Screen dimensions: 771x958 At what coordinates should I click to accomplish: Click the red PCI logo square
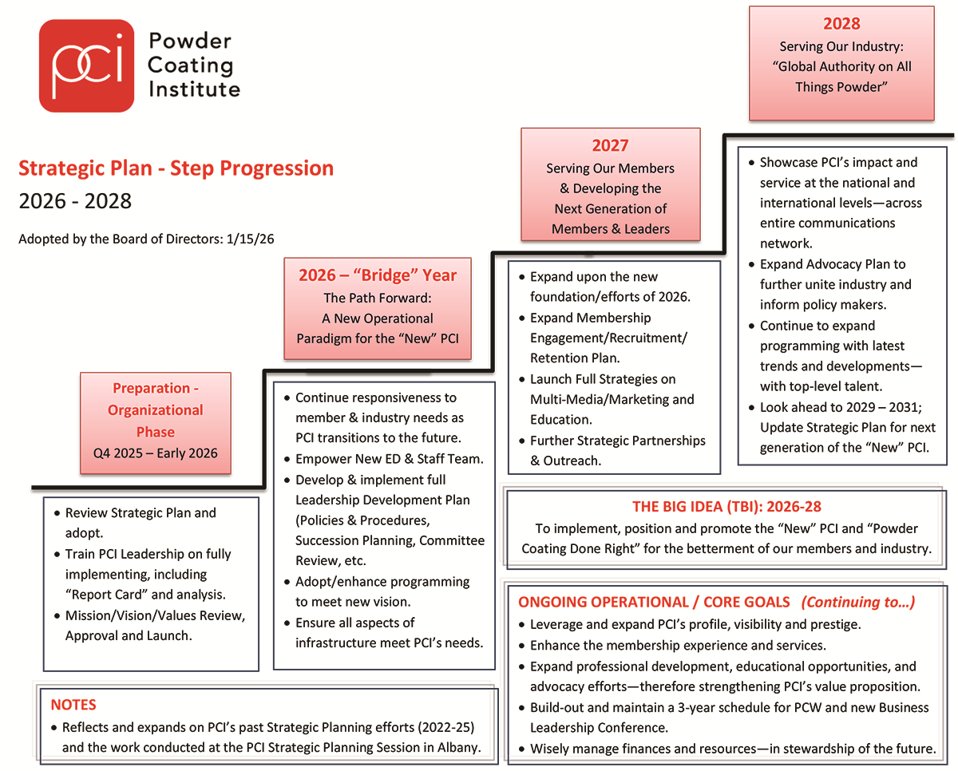pos(86,65)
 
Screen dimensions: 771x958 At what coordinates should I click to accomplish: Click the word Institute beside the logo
pos(194,89)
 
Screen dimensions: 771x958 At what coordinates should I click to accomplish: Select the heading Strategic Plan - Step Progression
pos(176,168)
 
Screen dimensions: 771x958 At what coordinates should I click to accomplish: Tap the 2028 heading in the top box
pos(841,23)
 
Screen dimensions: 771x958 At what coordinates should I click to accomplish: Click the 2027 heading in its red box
pos(610,145)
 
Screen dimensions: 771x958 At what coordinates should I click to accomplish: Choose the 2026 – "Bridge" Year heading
pos(378,275)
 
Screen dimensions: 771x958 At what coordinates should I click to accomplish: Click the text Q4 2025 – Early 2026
pos(156,453)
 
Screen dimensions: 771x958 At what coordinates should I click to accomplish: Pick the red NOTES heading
pos(73,705)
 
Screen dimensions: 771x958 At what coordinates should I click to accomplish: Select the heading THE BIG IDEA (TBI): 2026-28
pos(726,507)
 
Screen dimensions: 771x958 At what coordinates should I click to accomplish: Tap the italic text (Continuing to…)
pos(858,602)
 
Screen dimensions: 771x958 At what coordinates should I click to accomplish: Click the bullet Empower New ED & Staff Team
pos(389,459)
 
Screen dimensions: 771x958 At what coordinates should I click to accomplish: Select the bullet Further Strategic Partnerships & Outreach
pos(617,450)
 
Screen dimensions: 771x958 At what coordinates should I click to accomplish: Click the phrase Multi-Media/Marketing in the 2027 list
pos(602,399)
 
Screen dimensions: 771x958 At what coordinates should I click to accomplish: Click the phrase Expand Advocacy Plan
pos(822,264)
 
